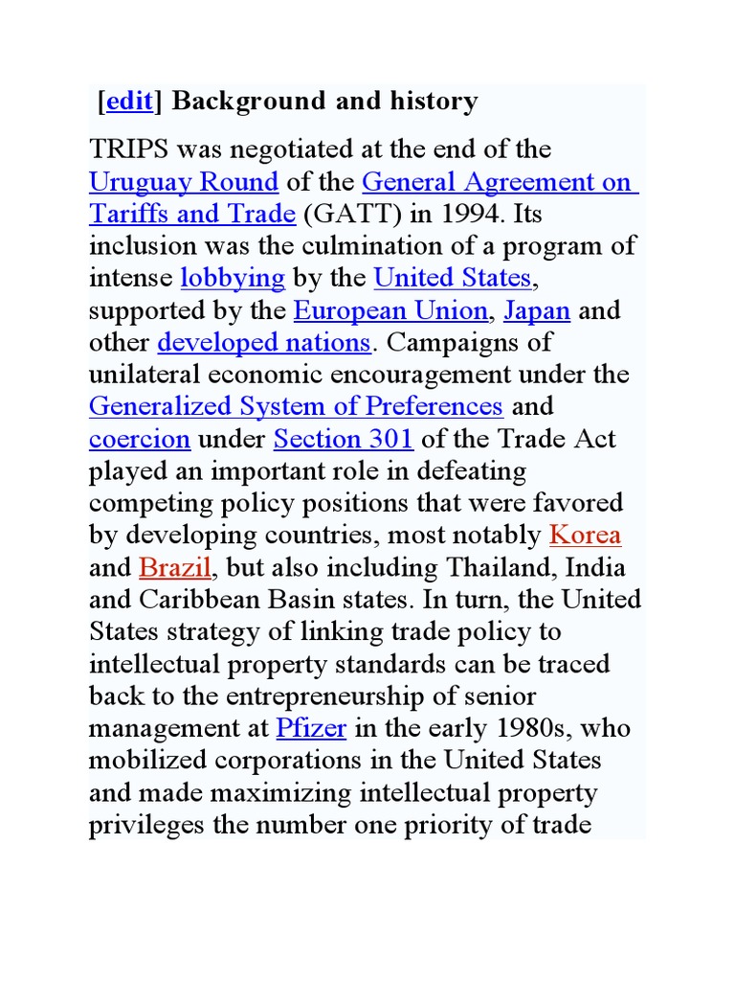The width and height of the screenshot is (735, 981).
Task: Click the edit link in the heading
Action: [129, 103]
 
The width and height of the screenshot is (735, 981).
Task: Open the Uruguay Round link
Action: [184, 182]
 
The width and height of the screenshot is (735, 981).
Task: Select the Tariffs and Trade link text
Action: [191, 214]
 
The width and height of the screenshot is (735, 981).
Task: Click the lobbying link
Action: [233, 278]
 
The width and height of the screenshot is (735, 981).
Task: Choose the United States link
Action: [452, 278]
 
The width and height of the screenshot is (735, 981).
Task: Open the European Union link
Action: [390, 310]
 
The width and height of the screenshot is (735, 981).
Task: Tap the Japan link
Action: [537, 310]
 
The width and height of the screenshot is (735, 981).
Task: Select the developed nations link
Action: [263, 342]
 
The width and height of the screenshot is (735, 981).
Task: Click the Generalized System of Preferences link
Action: [296, 406]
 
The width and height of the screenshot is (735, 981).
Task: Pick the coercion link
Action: [140, 439]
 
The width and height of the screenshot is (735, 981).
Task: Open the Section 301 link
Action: [344, 439]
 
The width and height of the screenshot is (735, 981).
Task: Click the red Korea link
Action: [585, 535]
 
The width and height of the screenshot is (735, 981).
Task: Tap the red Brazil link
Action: [175, 567]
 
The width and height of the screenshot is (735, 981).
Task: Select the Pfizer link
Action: [311, 728]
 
